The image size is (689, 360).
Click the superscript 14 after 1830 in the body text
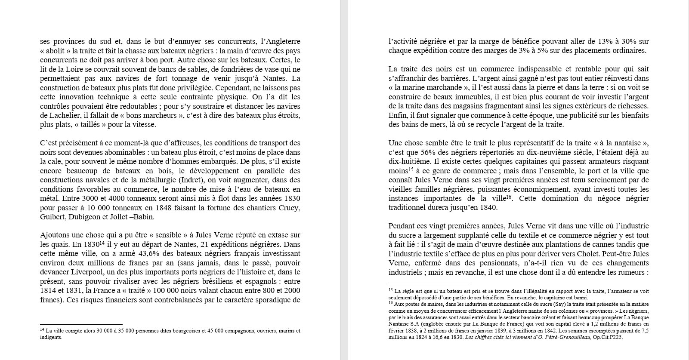pyautogui.click(x=102, y=242)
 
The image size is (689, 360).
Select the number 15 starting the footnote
pyautogui.click(x=391, y=290)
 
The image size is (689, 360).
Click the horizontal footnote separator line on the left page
pyautogui.click(x=81, y=324)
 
